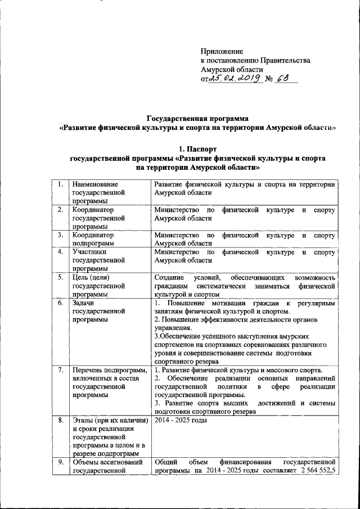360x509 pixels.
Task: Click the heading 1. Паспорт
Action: coord(197,149)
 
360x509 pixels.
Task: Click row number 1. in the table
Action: coord(58,184)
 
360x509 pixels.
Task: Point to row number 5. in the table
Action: coord(58,277)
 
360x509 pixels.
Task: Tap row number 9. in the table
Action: coord(58,462)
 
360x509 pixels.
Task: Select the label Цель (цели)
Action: coord(93,277)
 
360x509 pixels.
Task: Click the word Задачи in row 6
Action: coord(84,303)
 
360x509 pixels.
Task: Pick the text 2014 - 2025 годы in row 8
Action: coord(181,420)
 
